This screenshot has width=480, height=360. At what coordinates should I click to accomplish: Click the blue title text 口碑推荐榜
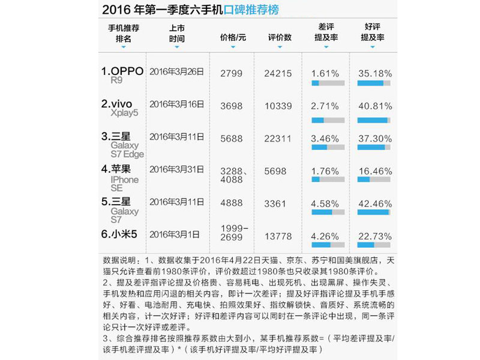(x=251, y=10)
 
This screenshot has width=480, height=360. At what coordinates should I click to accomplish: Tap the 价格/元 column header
(x=233, y=38)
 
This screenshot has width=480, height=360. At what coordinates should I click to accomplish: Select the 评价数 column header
(x=280, y=38)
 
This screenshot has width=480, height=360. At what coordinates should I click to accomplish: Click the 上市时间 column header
(x=177, y=34)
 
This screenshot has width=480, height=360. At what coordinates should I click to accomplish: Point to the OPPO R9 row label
(x=122, y=75)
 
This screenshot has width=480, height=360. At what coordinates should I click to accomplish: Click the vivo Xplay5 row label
(x=119, y=108)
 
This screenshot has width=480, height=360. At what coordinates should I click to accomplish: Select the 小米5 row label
(x=119, y=234)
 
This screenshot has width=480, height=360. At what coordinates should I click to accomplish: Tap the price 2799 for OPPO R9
(x=231, y=73)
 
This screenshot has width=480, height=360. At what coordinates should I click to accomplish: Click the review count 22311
(x=278, y=139)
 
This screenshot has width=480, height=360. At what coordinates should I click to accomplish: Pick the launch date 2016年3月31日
(x=176, y=169)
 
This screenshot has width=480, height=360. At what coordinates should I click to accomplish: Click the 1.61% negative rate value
(x=325, y=73)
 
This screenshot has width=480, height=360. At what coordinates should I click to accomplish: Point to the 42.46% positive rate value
(x=375, y=203)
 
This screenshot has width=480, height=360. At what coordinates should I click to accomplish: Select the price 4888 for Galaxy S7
(x=231, y=203)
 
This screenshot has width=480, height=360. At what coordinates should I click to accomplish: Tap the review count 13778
(x=278, y=236)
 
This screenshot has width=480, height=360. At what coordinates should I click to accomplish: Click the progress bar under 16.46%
(x=374, y=179)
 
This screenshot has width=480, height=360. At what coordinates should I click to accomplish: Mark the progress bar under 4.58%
(x=328, y=212)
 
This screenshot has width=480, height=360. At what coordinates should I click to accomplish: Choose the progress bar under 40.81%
(x=374, y=121)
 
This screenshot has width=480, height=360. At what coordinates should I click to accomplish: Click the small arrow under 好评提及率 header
(x=373, y=47)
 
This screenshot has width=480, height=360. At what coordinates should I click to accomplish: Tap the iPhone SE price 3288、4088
(x=233, y=175)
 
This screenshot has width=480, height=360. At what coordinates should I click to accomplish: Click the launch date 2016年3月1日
(x=174, y=235)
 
